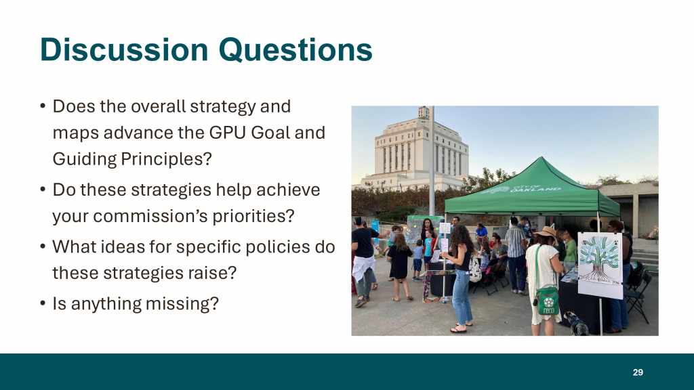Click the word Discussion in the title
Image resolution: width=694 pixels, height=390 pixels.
pyautogui.click(x=125, y=49)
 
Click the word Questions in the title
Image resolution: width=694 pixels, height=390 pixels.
pyautogui.click(x=295, y=49)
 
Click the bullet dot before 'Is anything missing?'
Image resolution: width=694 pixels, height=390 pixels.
pyautogui.click(x=43, y=303)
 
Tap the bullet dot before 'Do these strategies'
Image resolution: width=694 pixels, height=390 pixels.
pyautogui.click(x=43, y=190)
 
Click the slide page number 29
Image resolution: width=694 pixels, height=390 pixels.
pyautogui.click(x=638, y=372)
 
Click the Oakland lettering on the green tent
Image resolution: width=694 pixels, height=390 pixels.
pyautogui.click(x=535, y=189)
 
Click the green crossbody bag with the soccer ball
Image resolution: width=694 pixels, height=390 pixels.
pyautogui.click(x=548, y=301)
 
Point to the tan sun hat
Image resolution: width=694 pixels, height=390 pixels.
pyautogui.click(x=546, y=232)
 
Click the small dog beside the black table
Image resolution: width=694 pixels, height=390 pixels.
pyautogui.click(x=576, y=324)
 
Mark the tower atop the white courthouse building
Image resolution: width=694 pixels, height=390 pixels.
pyautogui.click(x=424, y=112)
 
